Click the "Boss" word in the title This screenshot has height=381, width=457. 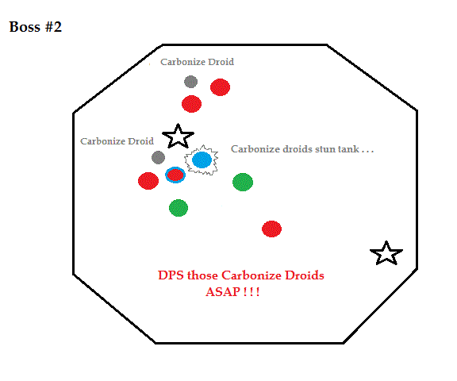[25, 27]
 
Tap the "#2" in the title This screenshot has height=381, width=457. [53, 27]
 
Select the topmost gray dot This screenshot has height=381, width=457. [191, 82]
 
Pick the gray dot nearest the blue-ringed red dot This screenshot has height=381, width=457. [158, 157]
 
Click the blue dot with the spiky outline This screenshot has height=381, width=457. [202, 160]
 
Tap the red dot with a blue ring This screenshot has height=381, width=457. [175, 175]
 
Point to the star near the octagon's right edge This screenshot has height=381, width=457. [386, 254]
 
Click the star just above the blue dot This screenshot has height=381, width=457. [178, 137]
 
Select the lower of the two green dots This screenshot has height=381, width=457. [179, 208]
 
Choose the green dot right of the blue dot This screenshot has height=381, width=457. [243, 183]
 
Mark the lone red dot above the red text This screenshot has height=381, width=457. [271, 229]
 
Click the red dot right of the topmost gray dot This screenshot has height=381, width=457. [220, 87]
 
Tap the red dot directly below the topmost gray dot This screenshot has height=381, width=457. [191, 104]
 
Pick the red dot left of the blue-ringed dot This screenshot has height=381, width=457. [148, 181]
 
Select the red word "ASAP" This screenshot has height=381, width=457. [223, 291]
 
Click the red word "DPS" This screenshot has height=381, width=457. [171, 275]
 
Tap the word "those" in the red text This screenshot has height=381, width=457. [203, 275]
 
